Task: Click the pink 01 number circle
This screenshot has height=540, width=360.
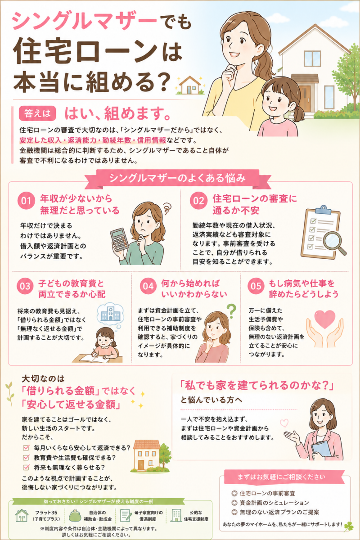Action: (x=26, y=201)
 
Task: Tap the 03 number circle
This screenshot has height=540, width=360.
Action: (x=25, y=286)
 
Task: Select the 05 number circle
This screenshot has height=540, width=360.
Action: (x=256, y=286)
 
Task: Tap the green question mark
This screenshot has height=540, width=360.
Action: (x=231, y=311)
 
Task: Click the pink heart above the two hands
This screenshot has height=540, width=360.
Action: (x=325, y=319)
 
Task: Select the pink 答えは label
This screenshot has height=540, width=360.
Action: (x=37, y=113)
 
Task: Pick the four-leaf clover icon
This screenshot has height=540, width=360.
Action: (x=348, y=526)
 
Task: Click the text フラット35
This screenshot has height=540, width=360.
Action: (x=46, y=512)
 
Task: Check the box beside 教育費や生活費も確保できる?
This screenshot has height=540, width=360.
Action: (x=26, y=458)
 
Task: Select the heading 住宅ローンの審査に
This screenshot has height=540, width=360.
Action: (x=255, y=199)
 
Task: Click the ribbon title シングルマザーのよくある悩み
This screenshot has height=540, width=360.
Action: (x=177, y=178)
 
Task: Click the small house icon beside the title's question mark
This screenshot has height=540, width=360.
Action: (x=190, y=85)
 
